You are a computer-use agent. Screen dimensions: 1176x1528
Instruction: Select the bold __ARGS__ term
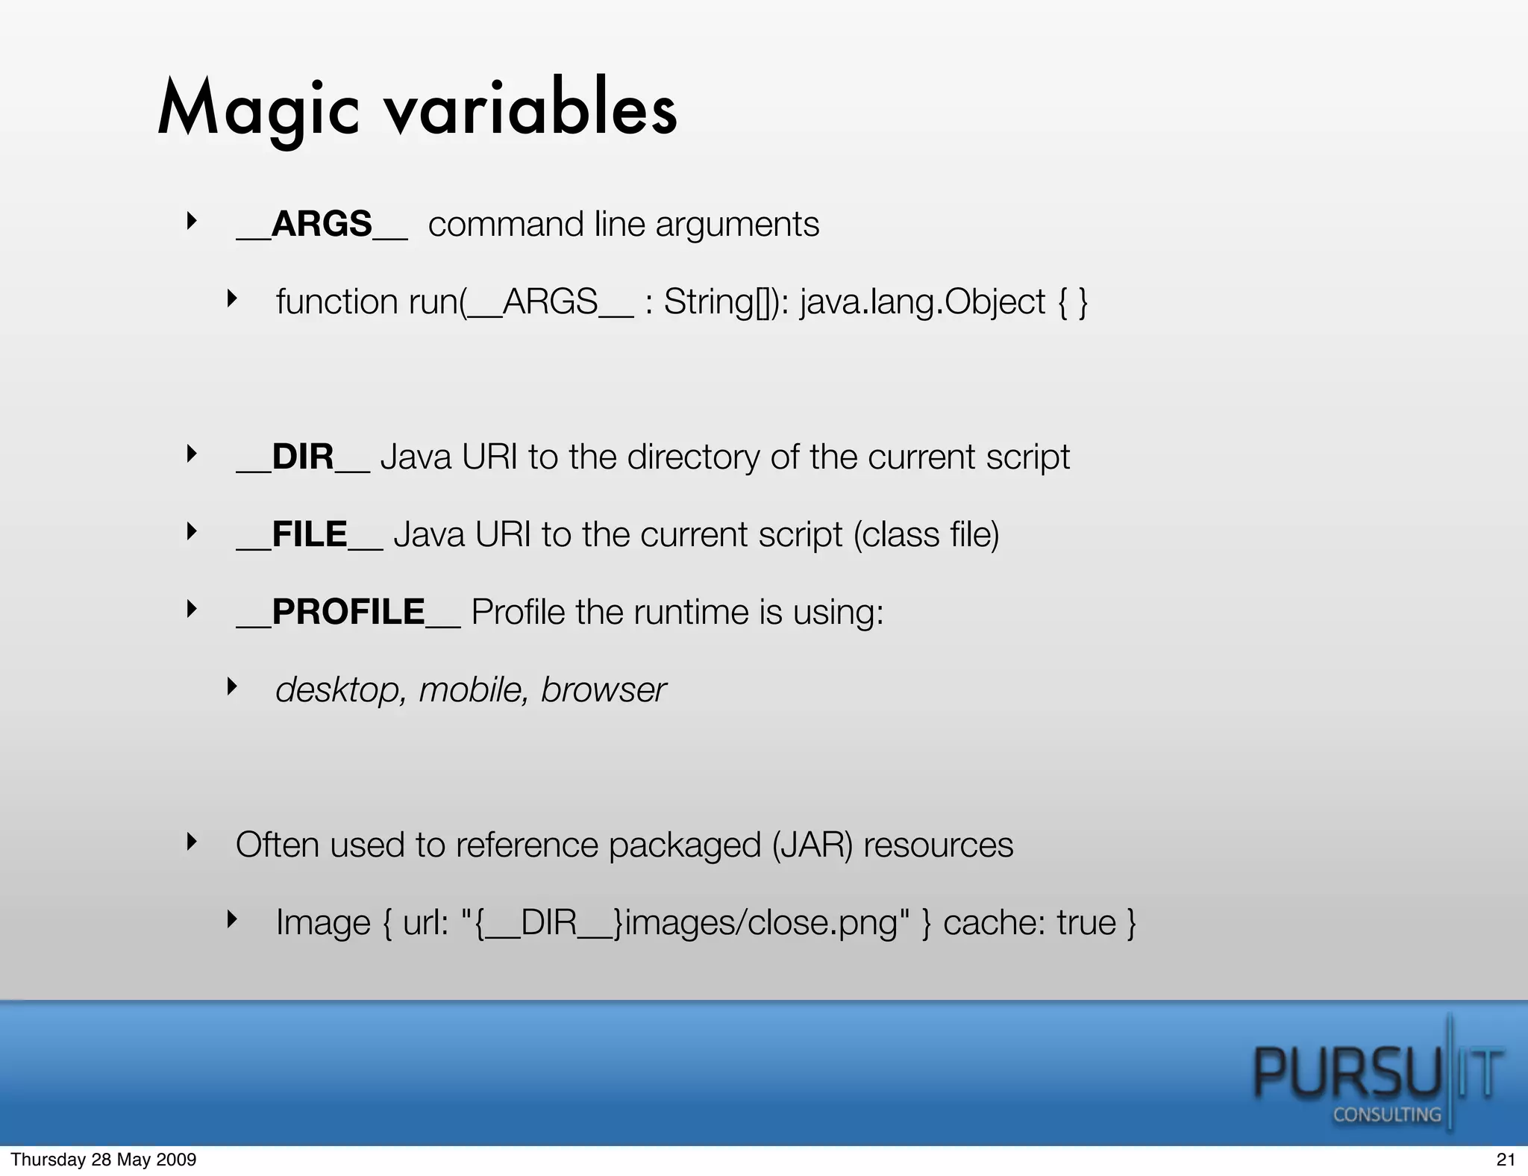coord(322,224)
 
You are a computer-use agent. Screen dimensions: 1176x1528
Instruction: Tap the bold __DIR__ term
coord(302,457)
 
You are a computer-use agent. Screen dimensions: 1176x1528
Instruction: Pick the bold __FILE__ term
coord(309,534)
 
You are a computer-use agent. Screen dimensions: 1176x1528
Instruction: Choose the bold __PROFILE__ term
coord(348,612)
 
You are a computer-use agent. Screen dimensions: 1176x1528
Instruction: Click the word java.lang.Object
coord(922,302)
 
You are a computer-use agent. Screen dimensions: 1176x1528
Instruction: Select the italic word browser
coord(603,689)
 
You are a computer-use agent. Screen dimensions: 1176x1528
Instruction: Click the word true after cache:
coord(1086,923)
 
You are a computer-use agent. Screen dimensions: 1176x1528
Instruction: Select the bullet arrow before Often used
coord(192,842)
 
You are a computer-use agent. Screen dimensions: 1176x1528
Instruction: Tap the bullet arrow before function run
coord(232,299)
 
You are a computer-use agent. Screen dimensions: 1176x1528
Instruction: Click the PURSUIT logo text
coord(1377,1073)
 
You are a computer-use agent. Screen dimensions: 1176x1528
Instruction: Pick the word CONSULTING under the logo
coord(1386,1115)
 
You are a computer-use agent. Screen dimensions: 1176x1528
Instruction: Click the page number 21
coord(1506,1160)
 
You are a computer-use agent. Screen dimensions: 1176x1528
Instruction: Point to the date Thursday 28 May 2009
coord(104,1160)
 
